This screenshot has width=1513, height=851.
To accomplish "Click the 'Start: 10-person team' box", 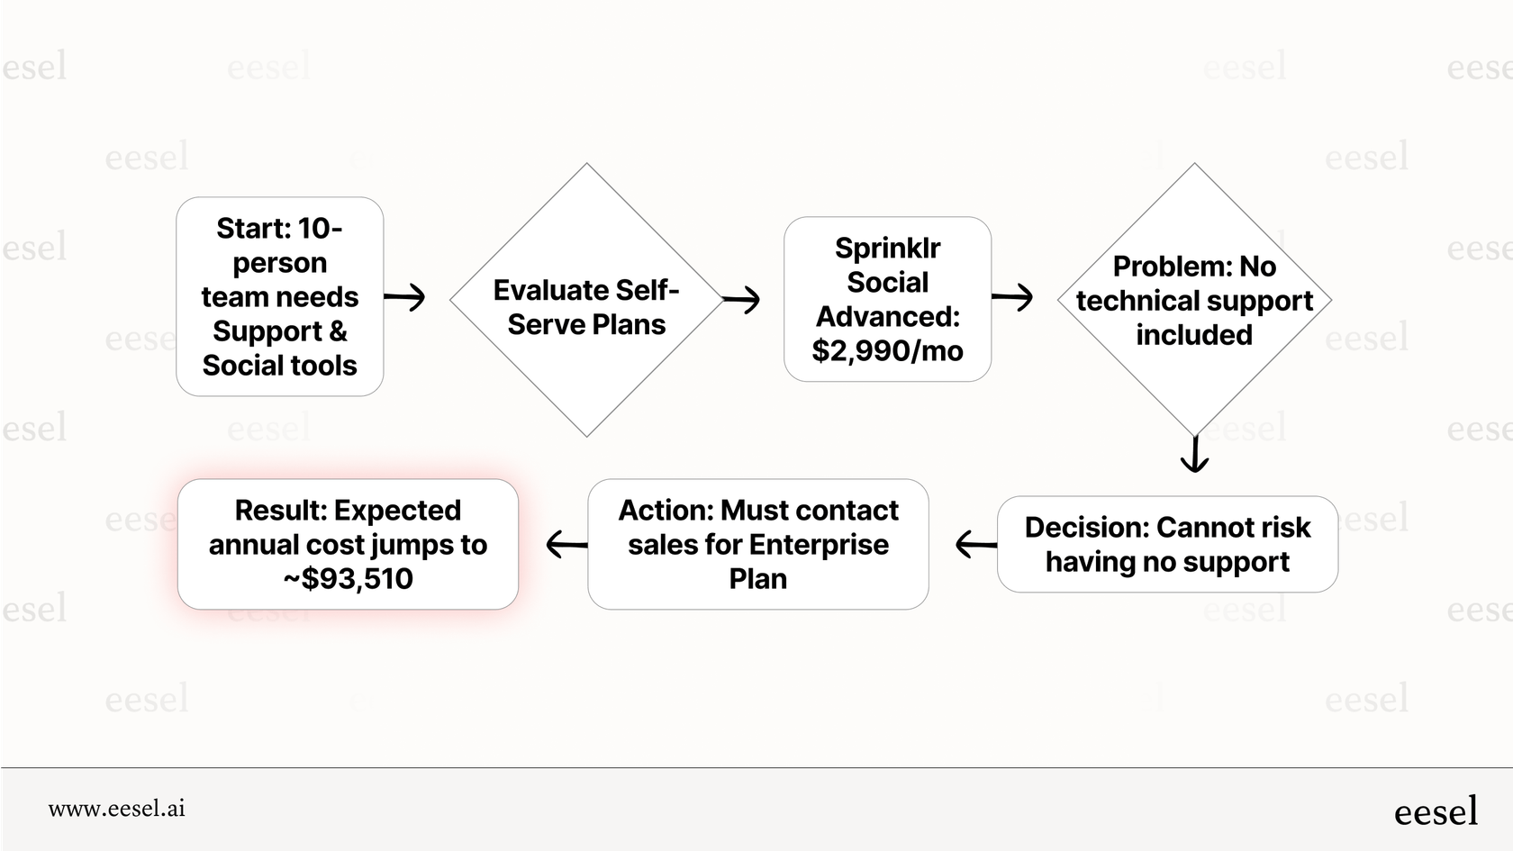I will [279, 296].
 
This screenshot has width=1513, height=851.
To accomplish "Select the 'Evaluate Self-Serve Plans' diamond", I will [586, 300].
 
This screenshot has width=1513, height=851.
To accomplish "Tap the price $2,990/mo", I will [887, 350].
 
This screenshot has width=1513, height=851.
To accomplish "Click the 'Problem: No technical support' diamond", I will [1194, 300].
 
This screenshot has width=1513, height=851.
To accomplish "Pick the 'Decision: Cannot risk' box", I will [1167, 544].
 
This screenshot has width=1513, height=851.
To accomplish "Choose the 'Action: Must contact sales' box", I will [757, 544].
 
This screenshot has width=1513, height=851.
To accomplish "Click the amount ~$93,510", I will [348, 578].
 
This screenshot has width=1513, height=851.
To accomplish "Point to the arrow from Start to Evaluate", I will [404, 296].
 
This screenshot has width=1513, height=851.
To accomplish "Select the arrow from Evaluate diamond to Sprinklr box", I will [741, 299].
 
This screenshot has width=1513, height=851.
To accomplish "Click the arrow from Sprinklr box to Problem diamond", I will [1012, 296].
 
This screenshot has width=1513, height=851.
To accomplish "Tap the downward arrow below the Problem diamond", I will [1194, 454].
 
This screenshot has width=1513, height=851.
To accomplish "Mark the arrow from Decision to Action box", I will [975, 544].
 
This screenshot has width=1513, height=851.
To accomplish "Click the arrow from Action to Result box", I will [566, 544].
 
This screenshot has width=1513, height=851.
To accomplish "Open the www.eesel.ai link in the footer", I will [117, 809].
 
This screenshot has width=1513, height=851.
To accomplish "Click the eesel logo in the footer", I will [1436, 811].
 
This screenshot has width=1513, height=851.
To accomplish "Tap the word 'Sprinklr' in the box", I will [887, 248].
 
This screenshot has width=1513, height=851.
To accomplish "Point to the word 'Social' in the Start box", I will [233, 365].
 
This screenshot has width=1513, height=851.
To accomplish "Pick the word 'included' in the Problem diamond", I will [1194, 334].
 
